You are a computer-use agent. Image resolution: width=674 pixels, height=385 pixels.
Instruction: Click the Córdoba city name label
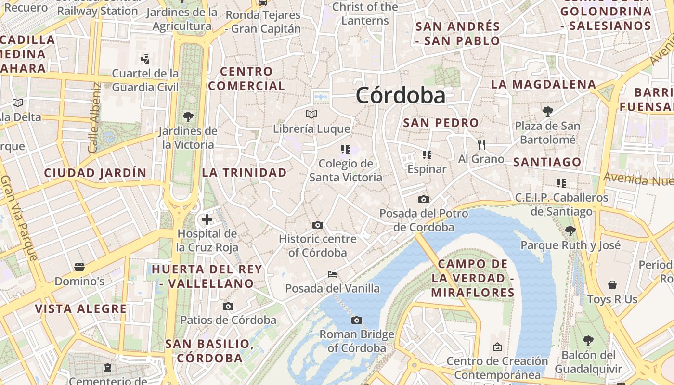coord(401,96)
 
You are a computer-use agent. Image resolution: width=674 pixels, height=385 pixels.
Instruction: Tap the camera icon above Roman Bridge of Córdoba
coord(357,320)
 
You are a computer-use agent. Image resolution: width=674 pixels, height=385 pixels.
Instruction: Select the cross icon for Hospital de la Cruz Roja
coord(207,220)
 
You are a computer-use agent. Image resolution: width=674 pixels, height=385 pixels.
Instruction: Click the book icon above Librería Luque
coord(311,115)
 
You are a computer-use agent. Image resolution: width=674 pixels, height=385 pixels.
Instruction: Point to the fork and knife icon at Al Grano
coord(481,144)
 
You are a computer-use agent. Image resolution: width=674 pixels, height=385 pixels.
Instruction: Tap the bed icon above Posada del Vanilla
coord(332,274)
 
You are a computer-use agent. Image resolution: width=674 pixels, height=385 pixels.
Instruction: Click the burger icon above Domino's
coord(79,267)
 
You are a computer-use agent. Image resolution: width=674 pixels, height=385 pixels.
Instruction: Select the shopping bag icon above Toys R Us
coord(612,285)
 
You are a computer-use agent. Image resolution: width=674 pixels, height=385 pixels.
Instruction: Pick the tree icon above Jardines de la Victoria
coord(188,116)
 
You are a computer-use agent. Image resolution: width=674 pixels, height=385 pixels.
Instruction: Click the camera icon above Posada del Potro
coord(424,199)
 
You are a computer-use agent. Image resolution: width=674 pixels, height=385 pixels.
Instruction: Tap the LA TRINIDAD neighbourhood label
coord(244,172)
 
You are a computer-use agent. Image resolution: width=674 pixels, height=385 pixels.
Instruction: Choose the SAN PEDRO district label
coord(441,123)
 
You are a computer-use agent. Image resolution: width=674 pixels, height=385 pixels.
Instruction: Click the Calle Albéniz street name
coord(95,118)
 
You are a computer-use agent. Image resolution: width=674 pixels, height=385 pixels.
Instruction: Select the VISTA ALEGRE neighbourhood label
coord(81,309)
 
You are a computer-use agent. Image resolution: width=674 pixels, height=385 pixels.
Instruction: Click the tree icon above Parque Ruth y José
coord(570,231)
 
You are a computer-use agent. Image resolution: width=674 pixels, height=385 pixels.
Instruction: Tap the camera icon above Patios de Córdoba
coord(228,306)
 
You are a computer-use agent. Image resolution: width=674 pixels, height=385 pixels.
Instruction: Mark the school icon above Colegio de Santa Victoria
coord(345,149)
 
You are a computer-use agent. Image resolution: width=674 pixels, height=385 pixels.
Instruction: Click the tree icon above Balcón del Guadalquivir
coord(588,341)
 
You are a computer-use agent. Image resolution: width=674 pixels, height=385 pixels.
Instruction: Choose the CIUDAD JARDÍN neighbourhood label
coord(95,173)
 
